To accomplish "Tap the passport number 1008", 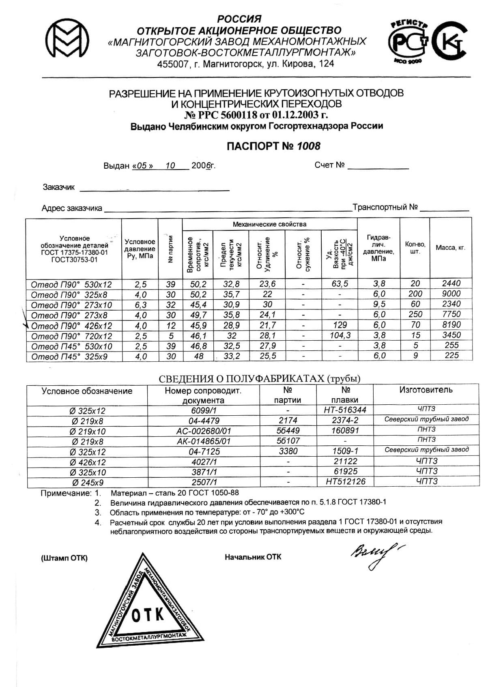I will [309, 146].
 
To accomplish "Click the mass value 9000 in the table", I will [451, 294].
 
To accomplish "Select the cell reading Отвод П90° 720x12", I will [71, 336].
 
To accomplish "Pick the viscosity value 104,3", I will [340, 335].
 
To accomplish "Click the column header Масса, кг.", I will [450, 248].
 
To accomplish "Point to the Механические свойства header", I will [269, 224].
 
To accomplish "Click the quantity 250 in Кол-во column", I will [415, 314].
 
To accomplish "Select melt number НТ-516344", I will [345, 410].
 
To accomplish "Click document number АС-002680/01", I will [204, 431].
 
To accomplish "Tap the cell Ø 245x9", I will [87, 483].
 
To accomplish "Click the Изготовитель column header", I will [426, 390].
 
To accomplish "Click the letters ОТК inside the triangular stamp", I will [148, 616].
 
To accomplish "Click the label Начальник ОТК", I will [253, 557].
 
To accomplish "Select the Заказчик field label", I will [59, 187].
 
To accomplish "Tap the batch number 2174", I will [288, 421].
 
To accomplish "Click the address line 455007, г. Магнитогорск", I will [245, 64].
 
